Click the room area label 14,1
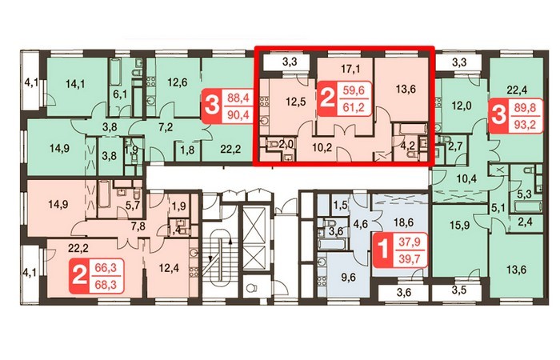click(75, 84)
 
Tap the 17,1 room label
click(350, 69)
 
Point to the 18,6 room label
click(403, 223)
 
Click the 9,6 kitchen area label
click(348, 277)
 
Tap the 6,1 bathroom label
click(120, 95)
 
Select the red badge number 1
click(382, 250)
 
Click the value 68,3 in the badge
click(106, 286)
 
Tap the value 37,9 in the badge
click(410, 242)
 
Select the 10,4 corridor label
click(464, 178)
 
